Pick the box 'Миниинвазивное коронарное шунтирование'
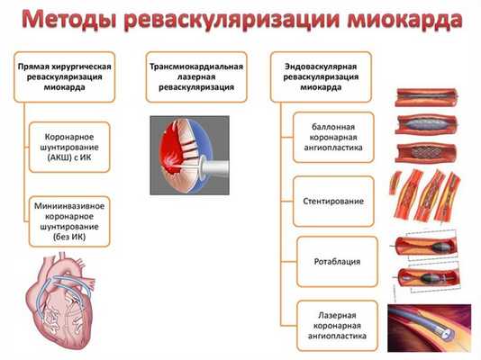(x=69, y=219)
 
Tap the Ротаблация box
(x=333, y=261)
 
